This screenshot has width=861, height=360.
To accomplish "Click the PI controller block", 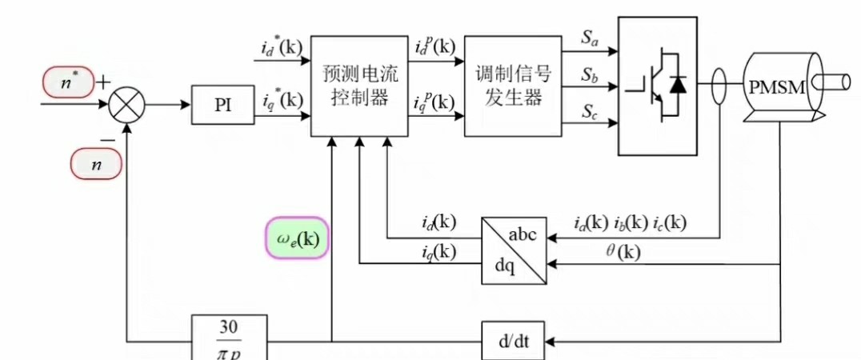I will tap(223, 106).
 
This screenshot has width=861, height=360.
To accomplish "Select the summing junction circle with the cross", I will tap(126, 106).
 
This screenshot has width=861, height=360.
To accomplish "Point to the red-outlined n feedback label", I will tap(96, 165).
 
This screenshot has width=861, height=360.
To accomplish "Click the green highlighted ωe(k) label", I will tap(297, 238).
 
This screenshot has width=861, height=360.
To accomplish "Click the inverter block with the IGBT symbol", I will tap(657, 85).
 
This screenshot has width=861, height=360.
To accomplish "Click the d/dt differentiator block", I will tap(510, 342).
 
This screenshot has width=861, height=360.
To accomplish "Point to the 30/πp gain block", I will tap(228, 340).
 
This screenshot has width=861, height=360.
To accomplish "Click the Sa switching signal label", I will tap(591, 38).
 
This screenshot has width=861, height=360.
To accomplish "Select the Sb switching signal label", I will tap(591, 75).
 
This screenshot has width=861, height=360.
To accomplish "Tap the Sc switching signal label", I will tap(591, 112).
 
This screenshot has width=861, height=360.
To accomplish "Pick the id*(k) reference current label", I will tap(282, 46).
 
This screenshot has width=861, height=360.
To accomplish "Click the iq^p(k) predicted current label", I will tap(433, 102).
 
